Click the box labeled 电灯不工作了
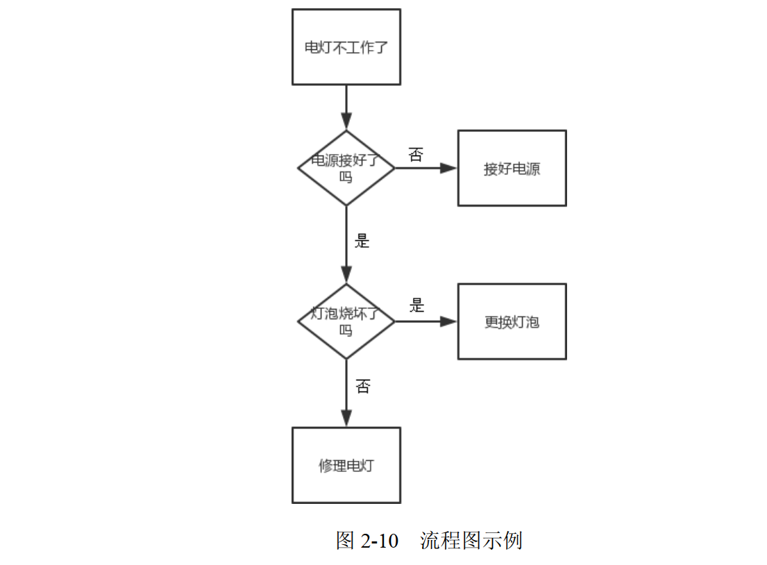click(346, 47)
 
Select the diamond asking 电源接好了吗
click(346, 168)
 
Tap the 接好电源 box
click(512, 169)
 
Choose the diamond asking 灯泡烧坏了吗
click(346, 321)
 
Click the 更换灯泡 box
click(512, 322)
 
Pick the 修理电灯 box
click(346, 465)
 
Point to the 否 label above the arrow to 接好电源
click(415, 154)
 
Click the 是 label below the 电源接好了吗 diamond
click(362, 242)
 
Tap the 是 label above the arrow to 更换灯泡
click(416, 305)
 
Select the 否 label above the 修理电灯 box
click(362, 387)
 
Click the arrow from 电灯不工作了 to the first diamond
click(346, 107)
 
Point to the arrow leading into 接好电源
click(425, 168)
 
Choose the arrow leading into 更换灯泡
click(425, 321)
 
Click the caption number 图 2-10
click(367, 541)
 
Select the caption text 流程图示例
click(471, 541)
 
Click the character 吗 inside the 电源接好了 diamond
click(346, 178)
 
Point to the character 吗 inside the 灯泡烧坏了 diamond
click(346, 330)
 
